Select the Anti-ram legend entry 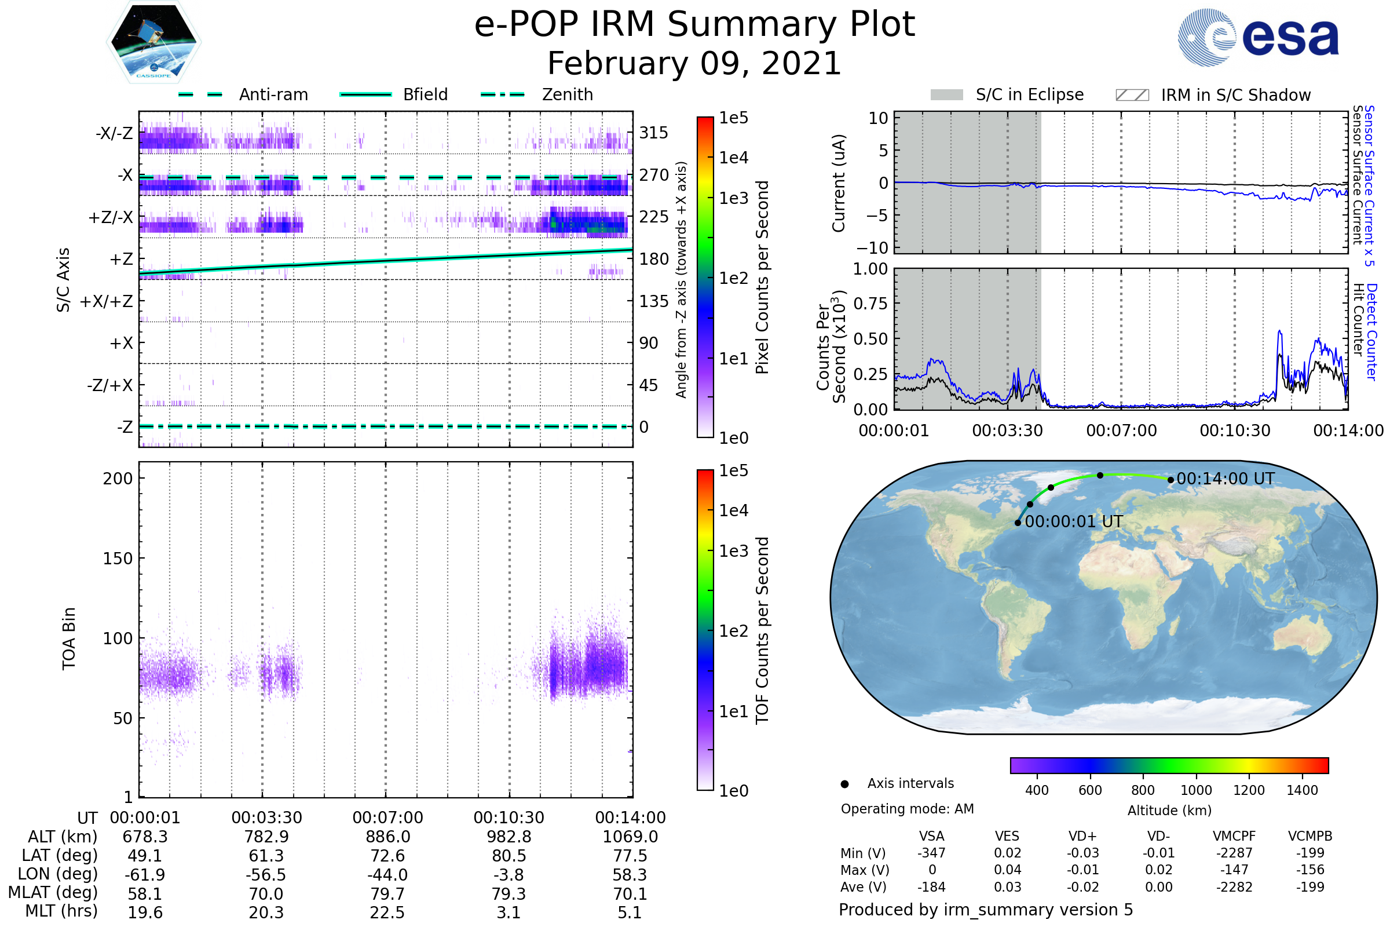[273, 94]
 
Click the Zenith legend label [568, 94]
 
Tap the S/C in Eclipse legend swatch [946, 95]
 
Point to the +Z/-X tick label [111, 218]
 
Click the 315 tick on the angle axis [654, 133]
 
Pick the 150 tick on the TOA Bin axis [118, 559]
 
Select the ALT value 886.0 [387, 837]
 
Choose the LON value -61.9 [145, 875]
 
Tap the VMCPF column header [1234, 837]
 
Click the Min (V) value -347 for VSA [931, 853]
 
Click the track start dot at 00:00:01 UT [1018, 523]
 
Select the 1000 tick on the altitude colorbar [1196, 790]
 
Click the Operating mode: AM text [907, 809]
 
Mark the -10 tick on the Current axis [872, 248]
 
